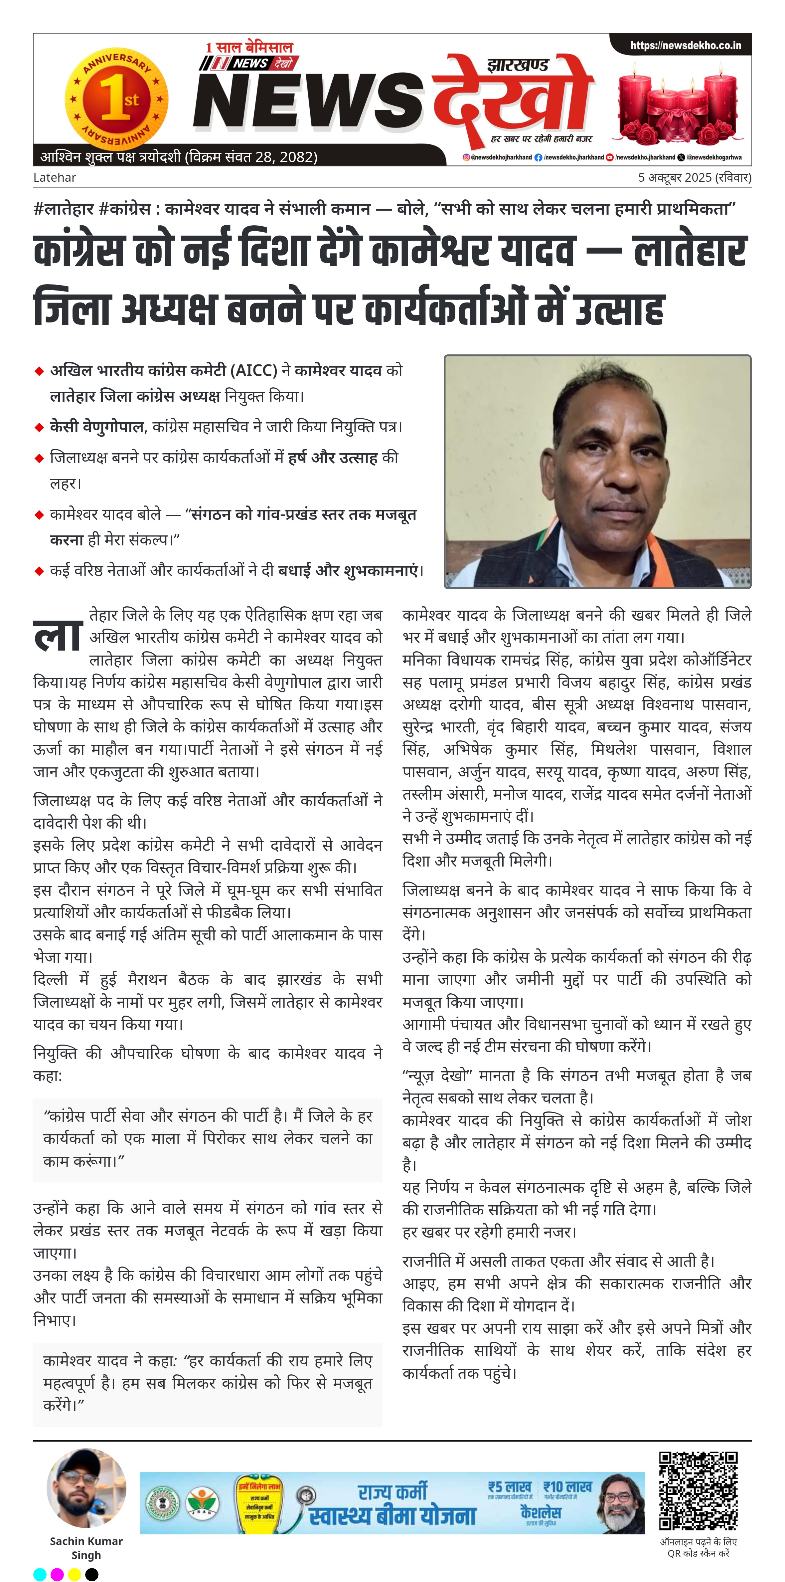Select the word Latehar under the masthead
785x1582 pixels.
point(55,177)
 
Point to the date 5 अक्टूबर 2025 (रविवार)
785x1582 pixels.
point(694,177)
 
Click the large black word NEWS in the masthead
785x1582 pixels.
point(307,101)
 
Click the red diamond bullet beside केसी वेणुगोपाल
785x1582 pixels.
point(39,427)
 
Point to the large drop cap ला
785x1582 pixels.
point(58,634)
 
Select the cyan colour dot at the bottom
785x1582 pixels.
point(40,1574)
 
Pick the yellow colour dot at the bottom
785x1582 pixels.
point(74,1574)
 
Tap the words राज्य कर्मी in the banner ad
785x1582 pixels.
point(393,1492)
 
